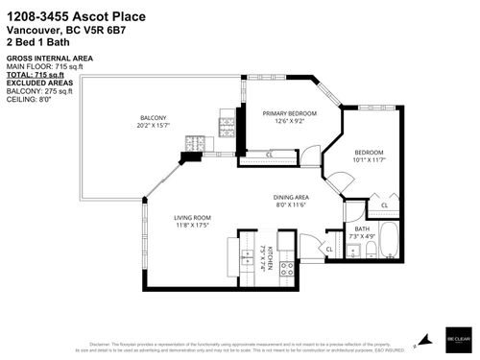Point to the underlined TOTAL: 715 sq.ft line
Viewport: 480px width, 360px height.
coord(36,73)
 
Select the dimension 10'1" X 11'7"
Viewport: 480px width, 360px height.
coord(370,158)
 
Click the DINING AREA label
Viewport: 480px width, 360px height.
coord(289,198)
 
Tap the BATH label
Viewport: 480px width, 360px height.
coord(361,228)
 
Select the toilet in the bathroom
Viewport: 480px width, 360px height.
coord(370,252)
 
